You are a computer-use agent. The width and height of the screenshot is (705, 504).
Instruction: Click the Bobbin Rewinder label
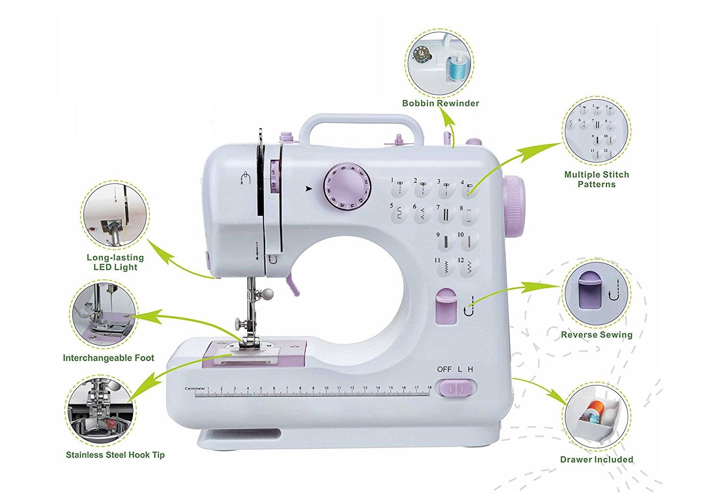click(x=440, y=103)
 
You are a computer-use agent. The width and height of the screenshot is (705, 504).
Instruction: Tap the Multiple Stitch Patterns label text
click(x=596, y=179)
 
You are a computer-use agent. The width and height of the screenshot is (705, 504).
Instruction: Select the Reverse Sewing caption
click(x=596, y=335)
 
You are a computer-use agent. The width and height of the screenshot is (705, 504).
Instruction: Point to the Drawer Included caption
click(x=596, y=459)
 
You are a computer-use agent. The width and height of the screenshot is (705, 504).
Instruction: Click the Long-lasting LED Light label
click(x=115, y=262)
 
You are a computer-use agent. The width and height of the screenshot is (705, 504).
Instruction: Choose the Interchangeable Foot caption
click(x=109, y=358)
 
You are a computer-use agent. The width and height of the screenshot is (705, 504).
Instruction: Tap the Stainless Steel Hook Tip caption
click(x=115, y=455)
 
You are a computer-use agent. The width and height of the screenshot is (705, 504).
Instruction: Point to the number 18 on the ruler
click(x=429, y=388)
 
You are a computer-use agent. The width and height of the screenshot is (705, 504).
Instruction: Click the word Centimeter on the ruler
click(x=195, y=388)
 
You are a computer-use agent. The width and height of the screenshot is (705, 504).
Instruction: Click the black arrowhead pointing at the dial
click(x=308, y=189)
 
